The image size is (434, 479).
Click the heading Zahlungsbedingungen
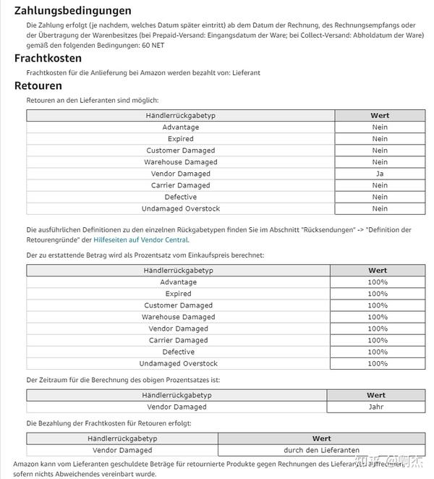point(73,11)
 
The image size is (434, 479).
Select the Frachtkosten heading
point(48,58)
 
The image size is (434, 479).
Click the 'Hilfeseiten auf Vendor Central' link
point(141,239)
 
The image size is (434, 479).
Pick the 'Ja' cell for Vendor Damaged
point(380,174)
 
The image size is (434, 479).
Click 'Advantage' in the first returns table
point(180,127)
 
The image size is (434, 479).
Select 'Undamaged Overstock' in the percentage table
point(178,363)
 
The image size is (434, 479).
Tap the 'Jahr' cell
point(376,407)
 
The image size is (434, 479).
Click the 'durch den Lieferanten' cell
point(321,450)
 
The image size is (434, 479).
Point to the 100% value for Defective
point(378,352)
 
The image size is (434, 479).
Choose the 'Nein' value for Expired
point(380,139)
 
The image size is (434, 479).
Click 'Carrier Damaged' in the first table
point(180,185)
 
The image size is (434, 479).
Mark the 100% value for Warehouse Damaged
point(378,317)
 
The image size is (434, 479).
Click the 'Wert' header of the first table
point(380,115)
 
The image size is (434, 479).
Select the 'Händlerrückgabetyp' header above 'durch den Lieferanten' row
point(122,438)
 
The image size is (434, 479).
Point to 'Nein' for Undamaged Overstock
point(380,208)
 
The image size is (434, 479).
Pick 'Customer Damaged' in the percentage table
point(178,305)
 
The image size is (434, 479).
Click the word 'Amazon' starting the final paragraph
point(27,463)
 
